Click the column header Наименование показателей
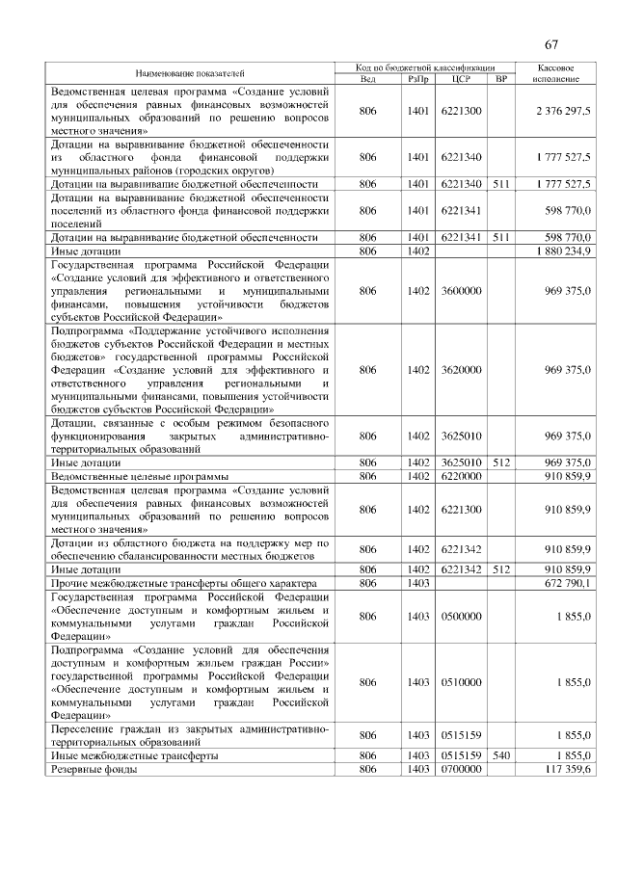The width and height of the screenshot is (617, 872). point(190,72)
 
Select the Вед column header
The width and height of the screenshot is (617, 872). point(367,78)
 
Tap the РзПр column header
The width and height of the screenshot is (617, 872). point(417,78)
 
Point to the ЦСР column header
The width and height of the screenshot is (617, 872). point(460,78)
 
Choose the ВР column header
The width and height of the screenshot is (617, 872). point(499,78)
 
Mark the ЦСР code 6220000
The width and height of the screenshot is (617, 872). point(461,476)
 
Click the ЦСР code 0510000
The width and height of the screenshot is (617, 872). point(461,682)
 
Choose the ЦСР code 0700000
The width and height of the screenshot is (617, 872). point(461,769)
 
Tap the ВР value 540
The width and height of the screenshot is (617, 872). point(499,756)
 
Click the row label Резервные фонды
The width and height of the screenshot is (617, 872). point(91,769)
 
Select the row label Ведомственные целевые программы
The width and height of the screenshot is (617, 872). point(139,476)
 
